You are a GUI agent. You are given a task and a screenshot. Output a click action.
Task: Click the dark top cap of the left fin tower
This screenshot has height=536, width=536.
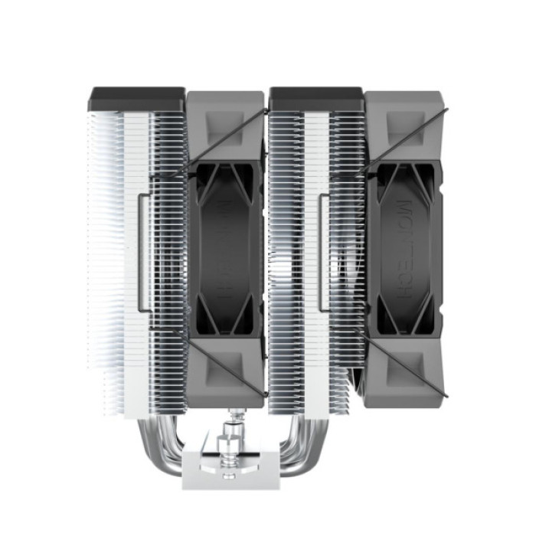click(138, 99)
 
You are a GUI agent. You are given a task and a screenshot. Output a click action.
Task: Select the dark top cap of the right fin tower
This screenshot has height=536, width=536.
click(316, 99)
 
